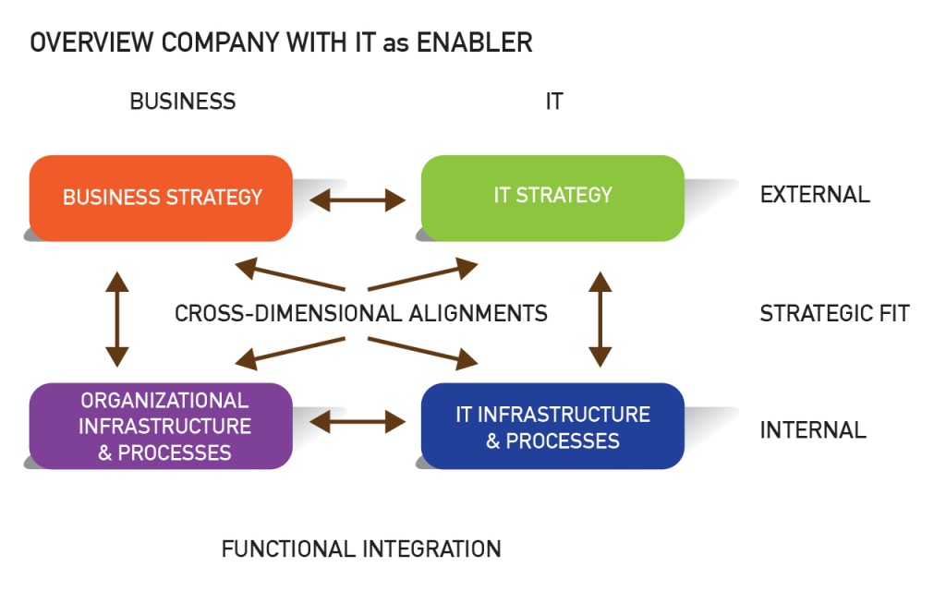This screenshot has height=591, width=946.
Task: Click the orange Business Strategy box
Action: coord(162,197)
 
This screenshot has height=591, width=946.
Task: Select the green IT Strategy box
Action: coord(552,196)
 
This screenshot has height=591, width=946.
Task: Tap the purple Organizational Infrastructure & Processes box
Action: coord(162,426)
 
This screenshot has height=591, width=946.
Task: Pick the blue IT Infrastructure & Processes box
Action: coord(552,426)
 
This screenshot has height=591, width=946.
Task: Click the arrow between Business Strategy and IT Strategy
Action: coord(358,198)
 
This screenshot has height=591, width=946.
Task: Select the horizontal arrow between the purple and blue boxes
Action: coord(358,423)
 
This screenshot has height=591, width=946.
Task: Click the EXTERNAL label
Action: coord(815,195)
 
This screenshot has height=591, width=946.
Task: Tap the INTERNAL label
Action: coord(813,430)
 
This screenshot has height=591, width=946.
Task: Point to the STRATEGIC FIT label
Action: coord(834,313)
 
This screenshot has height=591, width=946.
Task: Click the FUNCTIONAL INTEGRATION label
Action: coord(361,549)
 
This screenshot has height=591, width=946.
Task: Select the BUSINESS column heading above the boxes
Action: coord(183,102)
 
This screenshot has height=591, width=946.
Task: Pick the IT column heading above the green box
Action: coord(553,102)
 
